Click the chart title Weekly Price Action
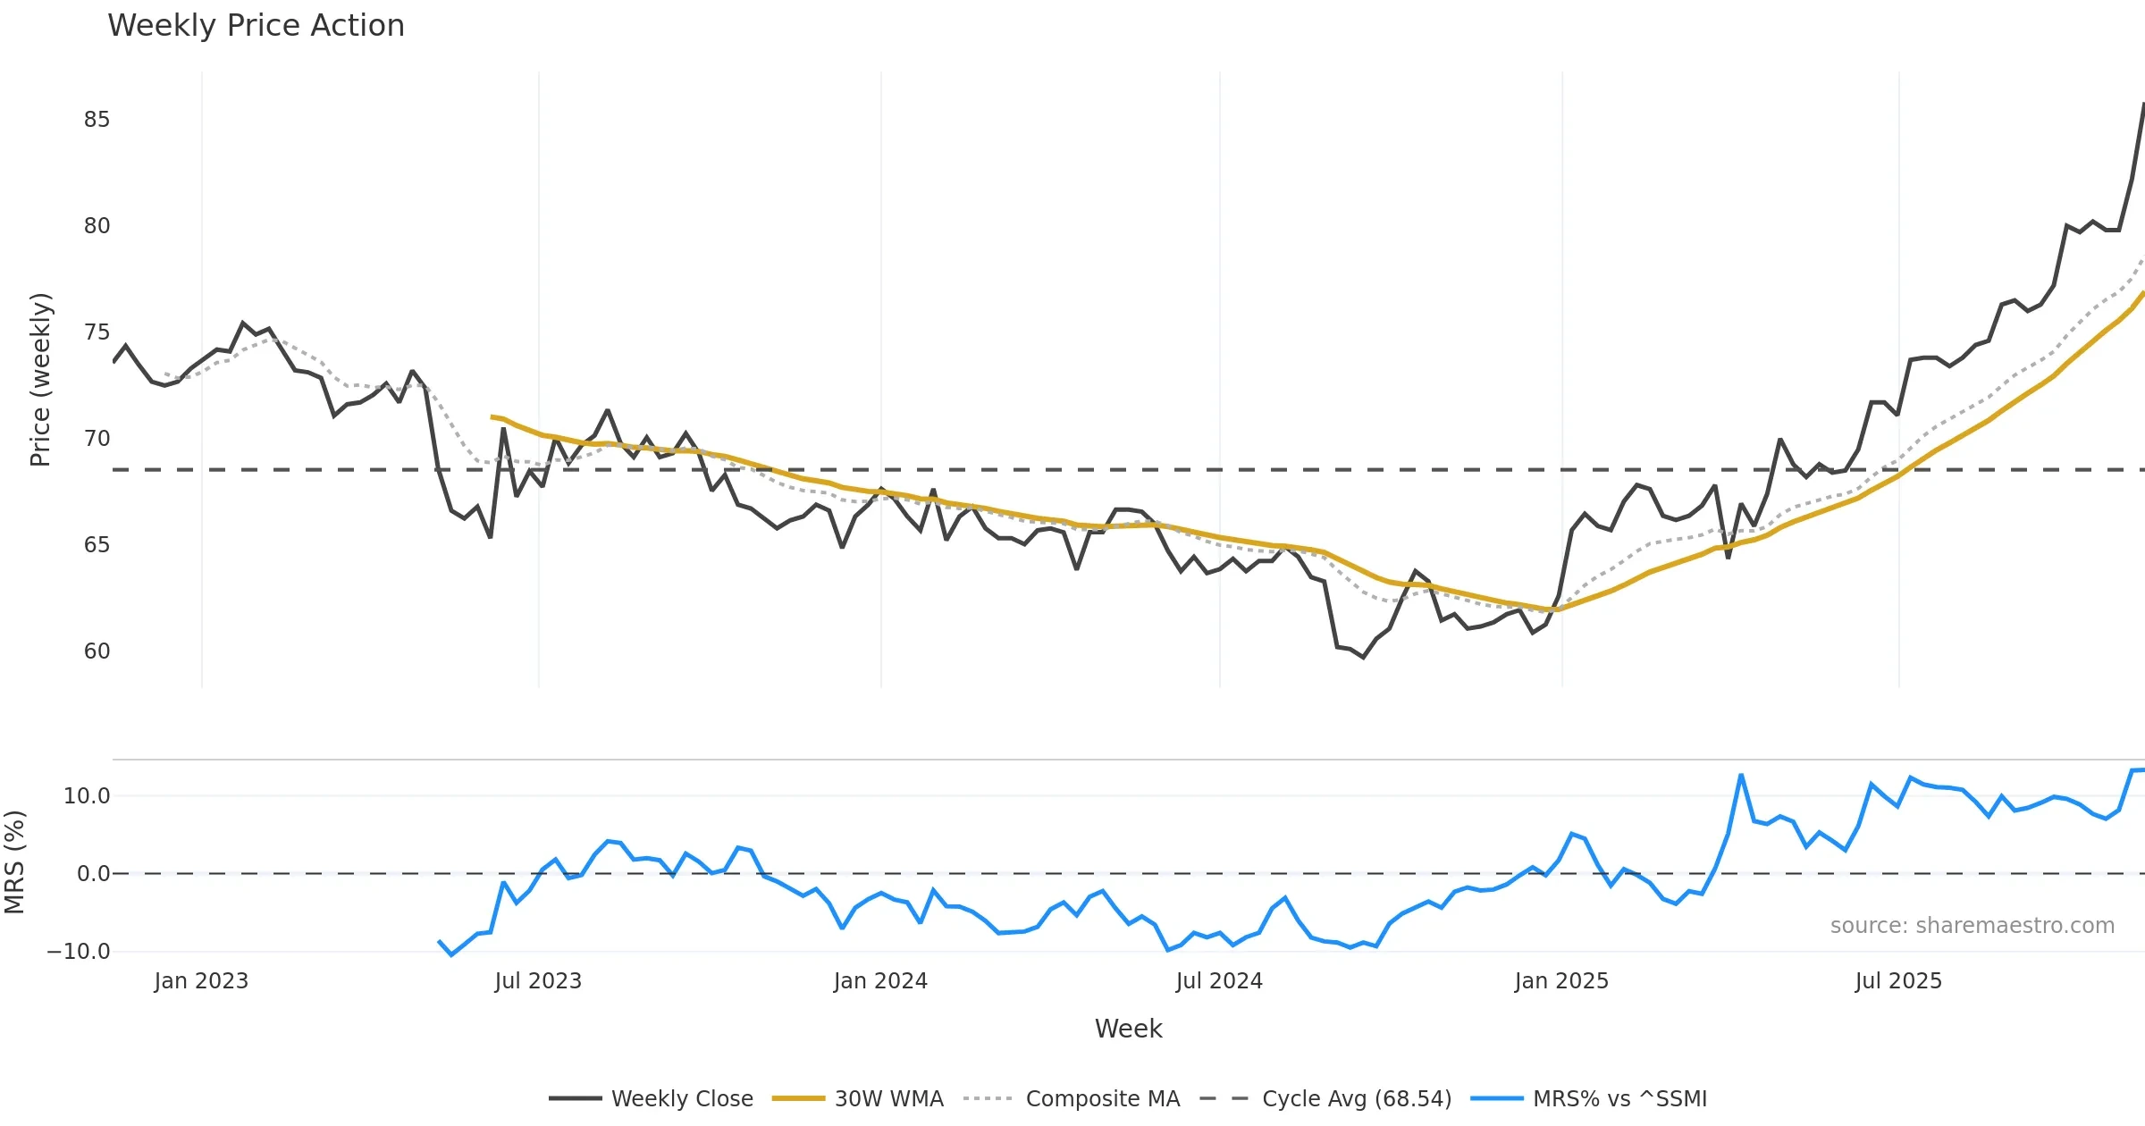[x=256, y=26]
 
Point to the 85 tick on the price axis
[x=97, y=120]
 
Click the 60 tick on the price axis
[x=97, y=651]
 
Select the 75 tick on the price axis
[x=97, y=332]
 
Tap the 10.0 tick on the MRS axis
[x=87, y=796]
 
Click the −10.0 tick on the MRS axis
[x=79, y=952]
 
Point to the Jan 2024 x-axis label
[x=880, y=981]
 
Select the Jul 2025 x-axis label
[x=1898, y=981]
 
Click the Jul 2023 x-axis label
[x=538, y=981]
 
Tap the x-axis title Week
[x=1128, y=1029]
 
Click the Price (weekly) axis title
[x=40, y=380]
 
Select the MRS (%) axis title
[x=14, y=862]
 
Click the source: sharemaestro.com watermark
[x=1972, y=926]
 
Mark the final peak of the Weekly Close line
[x=2142, y=105]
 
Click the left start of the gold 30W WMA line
[x=492, y=417]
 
